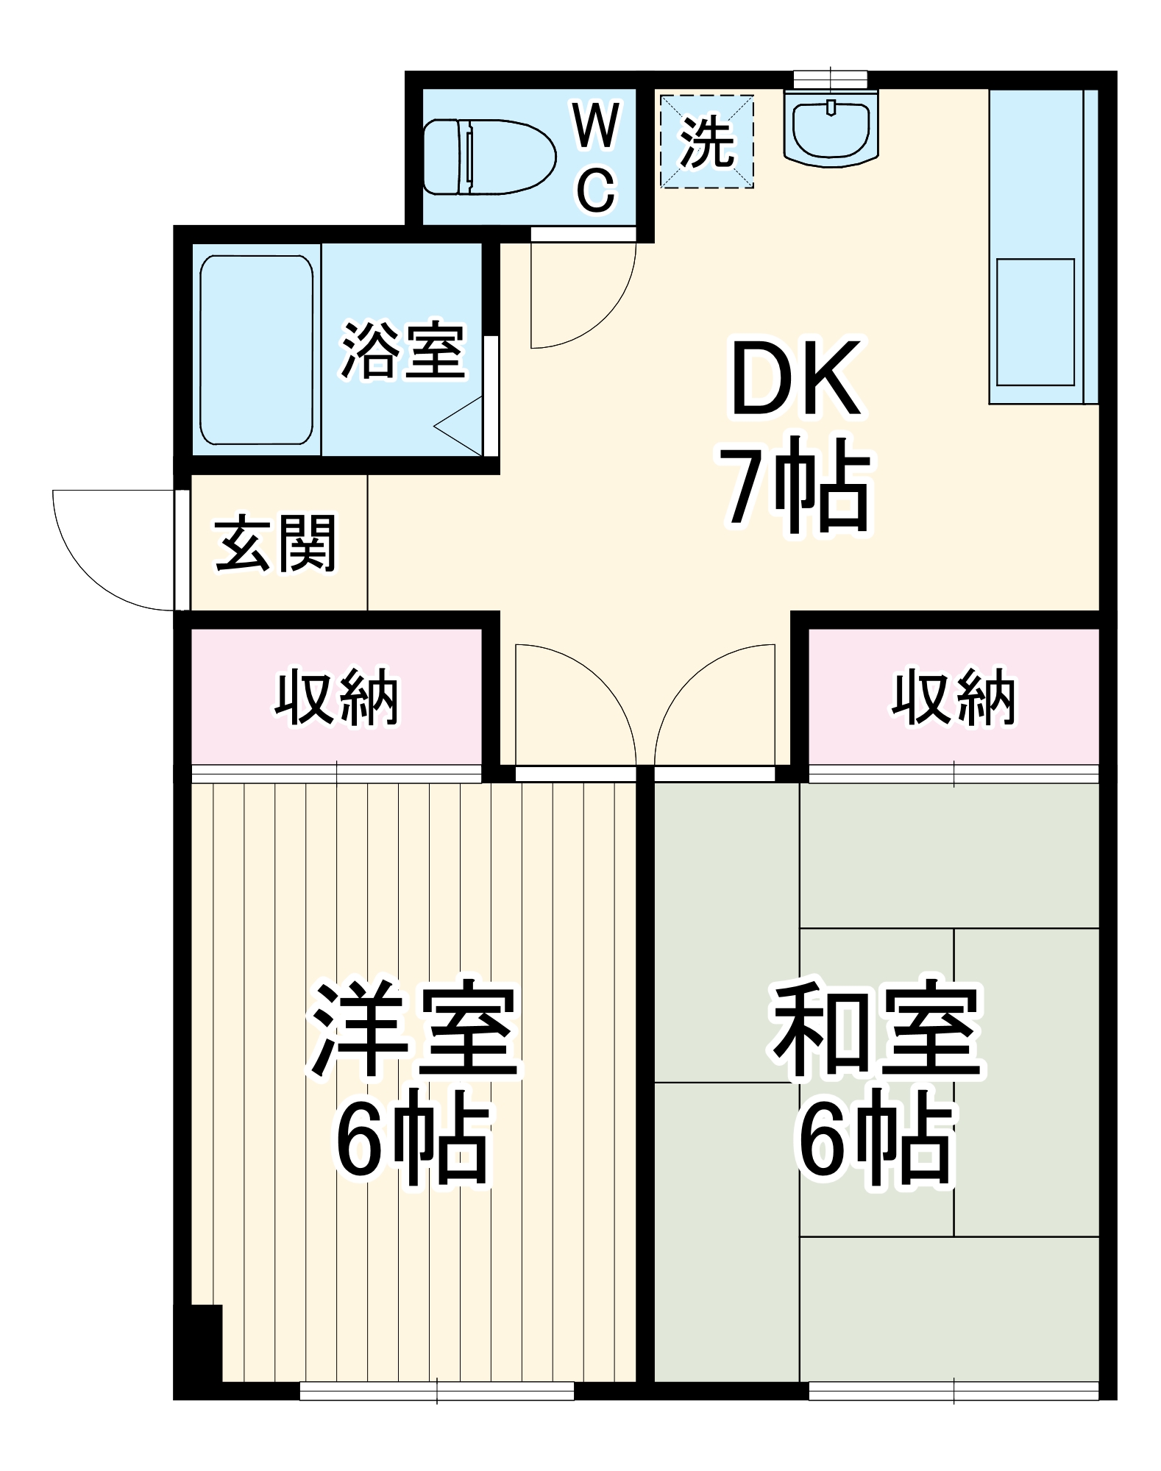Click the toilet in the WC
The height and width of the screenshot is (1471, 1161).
489,156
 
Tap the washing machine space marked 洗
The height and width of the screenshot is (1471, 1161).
706,141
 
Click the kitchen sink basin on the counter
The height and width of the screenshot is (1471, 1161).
1035,321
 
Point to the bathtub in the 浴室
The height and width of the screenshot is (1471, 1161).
256,350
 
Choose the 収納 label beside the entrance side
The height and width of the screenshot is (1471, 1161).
337,697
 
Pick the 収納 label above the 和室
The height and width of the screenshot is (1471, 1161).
954,697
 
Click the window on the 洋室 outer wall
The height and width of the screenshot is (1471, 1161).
436,1390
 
